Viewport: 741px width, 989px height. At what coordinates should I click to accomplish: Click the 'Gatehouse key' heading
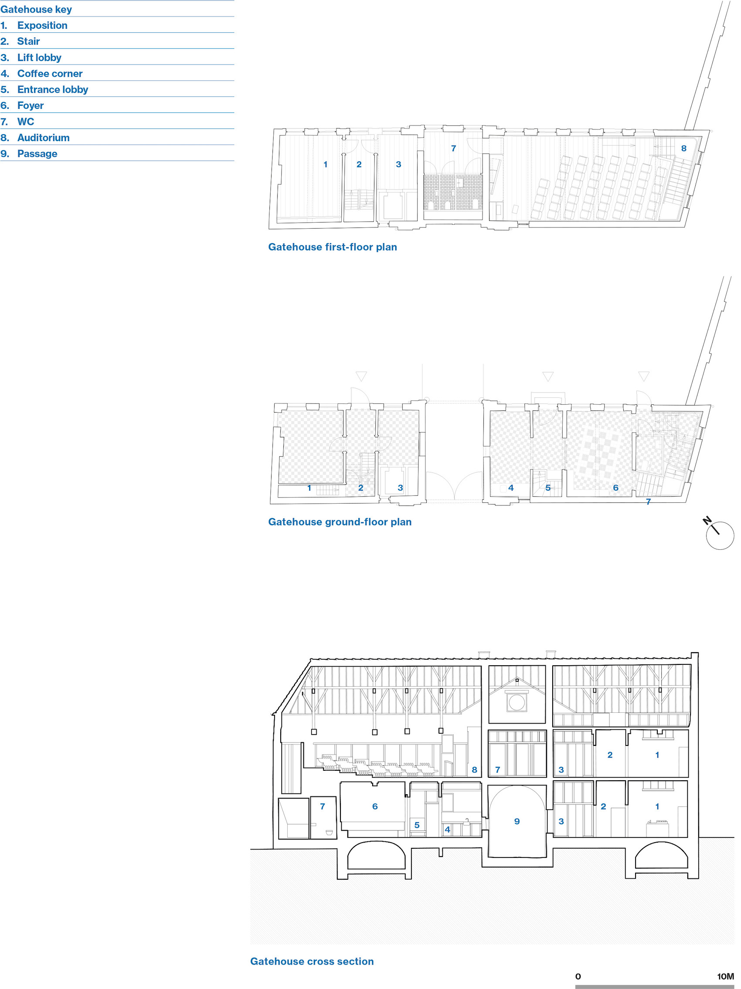(x=36, y=10)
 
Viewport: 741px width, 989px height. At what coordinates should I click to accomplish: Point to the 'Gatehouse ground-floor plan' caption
(x=340, y=522)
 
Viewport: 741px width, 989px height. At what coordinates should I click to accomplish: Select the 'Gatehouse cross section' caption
(x=312, y=961)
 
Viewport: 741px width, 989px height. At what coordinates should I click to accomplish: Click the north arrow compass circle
(x=720, y=535)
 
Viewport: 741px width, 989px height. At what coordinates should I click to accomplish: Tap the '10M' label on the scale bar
(x=725, y=976)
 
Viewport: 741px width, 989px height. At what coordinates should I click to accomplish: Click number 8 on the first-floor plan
(x=684, y=149)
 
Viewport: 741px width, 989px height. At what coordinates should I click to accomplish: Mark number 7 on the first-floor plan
(x=453, y=149)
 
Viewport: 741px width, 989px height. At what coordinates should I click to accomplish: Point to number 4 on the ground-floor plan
(x=511, y=488)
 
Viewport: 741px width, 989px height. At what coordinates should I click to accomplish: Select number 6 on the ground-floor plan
(x=616, y=488)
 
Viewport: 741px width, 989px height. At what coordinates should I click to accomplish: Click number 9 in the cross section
(x=517, y=821)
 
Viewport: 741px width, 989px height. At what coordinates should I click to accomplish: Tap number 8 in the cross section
(x=475, y=770)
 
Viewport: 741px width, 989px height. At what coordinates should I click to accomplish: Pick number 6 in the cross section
(x=375, y=806)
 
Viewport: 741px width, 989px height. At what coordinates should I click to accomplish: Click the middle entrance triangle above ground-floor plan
(x=548, y=376)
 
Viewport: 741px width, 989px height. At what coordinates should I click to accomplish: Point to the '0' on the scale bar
(x=578, y=976)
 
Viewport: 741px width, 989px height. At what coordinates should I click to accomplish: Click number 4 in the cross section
(x=447, y=830)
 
